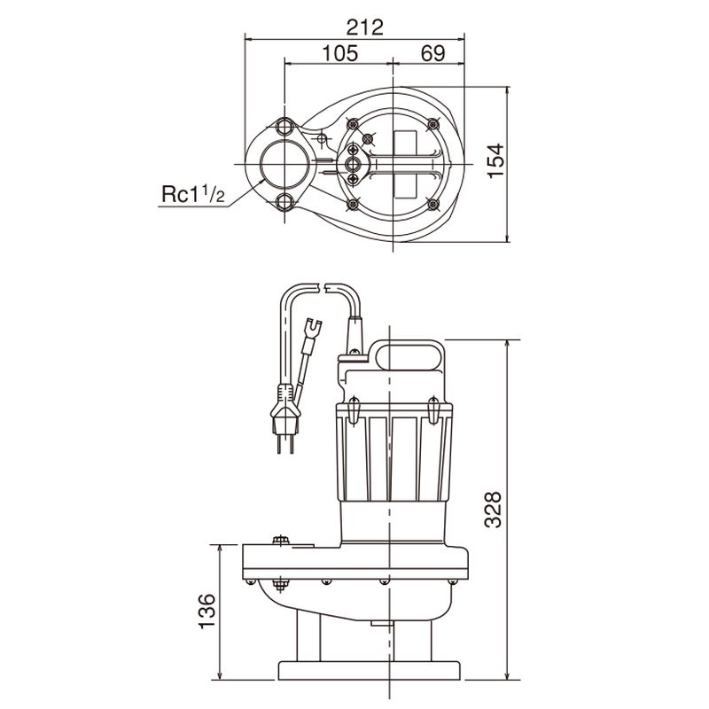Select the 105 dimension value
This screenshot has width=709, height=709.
coord(339,53)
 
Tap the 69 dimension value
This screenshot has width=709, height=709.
coord(432,53)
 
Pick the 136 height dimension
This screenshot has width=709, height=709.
coord(206,611)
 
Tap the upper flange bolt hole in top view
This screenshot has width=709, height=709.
coord(285,126)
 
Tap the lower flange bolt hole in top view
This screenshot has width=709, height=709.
coord(285,203)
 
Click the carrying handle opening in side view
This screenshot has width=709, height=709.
coord(409,355)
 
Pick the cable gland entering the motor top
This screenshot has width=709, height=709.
coord(355,332)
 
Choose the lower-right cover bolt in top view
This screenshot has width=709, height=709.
coord(433,205)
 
